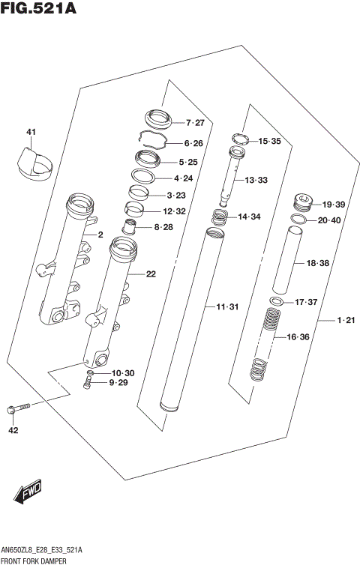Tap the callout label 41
(x=31, y=133)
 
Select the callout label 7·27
(x=194, y=122)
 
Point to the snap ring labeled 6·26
(x=155, y=141)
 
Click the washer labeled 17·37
(x=276, y=301)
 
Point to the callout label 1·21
(x=345, y=321)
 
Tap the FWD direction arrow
(x=26, y=492)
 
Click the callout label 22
(x=151, y=274)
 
